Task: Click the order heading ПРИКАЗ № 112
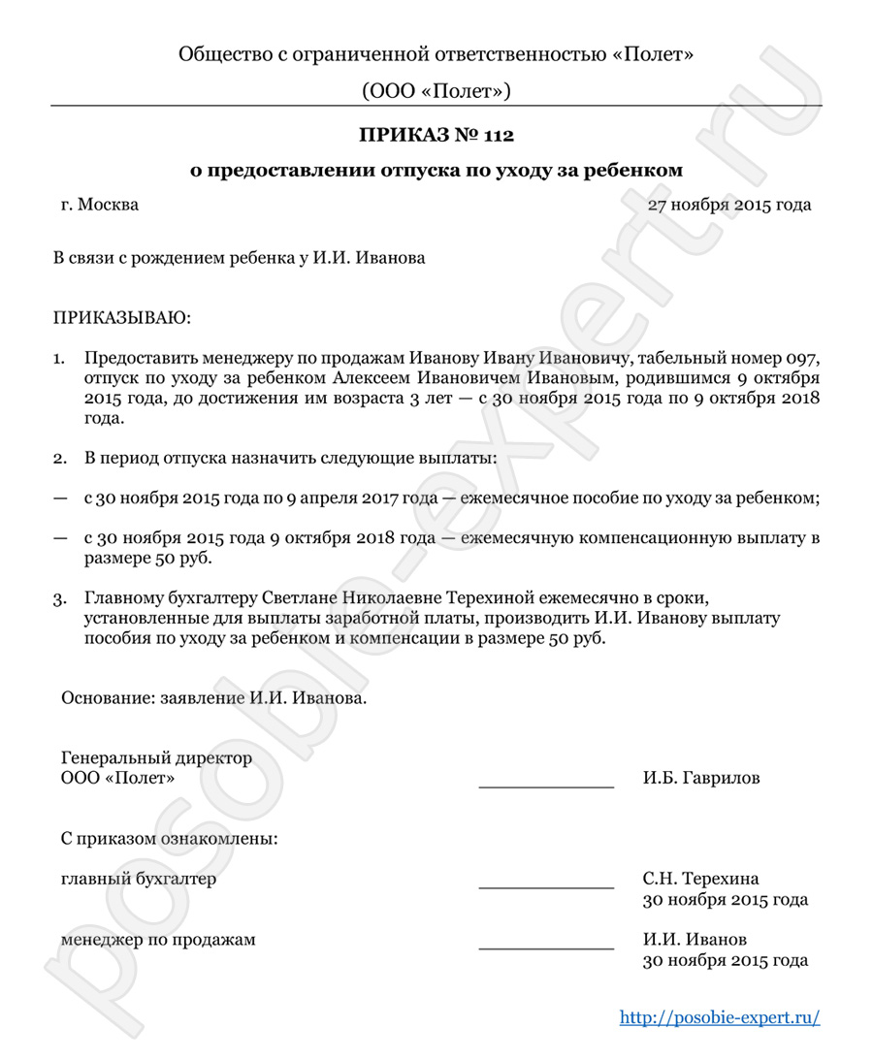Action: pyautogui.click(x=436, y=133)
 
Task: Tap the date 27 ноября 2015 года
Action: pyautogui.click(x=729, y=205)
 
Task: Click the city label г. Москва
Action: pyautogui.click(x=99, y=205)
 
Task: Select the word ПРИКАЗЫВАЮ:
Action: pyautogui.click(x=122, y=317)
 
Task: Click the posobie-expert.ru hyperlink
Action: pyautogui.click(x=720, y=1017)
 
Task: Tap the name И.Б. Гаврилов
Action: pyautogui.click(x=701, y=778)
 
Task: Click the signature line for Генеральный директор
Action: pyautogui.click(x=546, y=784)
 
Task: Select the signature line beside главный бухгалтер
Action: pyautogui.click(x=546, y=885)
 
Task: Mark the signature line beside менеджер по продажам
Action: pyautogui.click(x=546, y=946)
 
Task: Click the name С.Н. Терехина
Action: pyautogui.click(x=700, y=880)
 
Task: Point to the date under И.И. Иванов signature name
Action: pyautogui.click(x=726, y=961)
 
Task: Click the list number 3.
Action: pyautogui.click(x=59, y=598)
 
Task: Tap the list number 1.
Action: pyautogui.click(x=59, y=358)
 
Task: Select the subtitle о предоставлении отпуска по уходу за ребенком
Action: pyautogui.click(x=436, y=170)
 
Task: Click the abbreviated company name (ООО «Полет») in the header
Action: pyautogui.click(x=436, y=91)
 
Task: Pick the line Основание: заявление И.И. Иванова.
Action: pyautogui.click(x=214, y=697)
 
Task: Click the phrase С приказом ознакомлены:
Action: pyautogui.click(x=169, y=838)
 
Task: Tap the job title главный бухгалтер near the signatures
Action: pyautogui.click(x=138, y=880)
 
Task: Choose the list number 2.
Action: pyautogui.click(x=59, y=456)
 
